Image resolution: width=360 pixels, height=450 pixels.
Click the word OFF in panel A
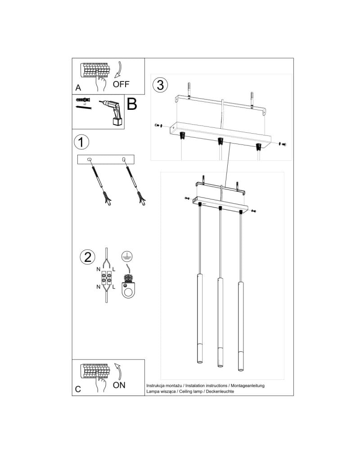tap(121, 84)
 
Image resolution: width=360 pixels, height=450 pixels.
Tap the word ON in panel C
tap(119, 385)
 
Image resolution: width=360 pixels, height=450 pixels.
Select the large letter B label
tap(132, 104)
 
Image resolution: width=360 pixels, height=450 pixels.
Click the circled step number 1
tap(81, 142)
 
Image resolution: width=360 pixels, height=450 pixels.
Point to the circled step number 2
tap(88, 257)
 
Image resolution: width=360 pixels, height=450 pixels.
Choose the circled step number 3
tap(160, 85)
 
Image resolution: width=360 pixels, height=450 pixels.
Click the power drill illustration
tap(112, 113)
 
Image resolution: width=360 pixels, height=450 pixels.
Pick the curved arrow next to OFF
tap(118, 69)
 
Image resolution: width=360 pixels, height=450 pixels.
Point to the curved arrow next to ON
tap(119, 371)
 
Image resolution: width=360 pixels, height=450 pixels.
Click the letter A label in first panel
tap(78, 88)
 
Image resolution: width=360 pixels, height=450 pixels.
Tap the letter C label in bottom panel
tap(78, 389)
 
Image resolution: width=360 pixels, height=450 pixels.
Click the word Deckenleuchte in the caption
tap(220, 391)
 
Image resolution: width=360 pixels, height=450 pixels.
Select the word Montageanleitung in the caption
tap(247, 386)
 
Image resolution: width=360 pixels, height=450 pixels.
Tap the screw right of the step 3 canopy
tap(283, 144)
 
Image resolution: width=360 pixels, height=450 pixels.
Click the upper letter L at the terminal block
tap(114, 269)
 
